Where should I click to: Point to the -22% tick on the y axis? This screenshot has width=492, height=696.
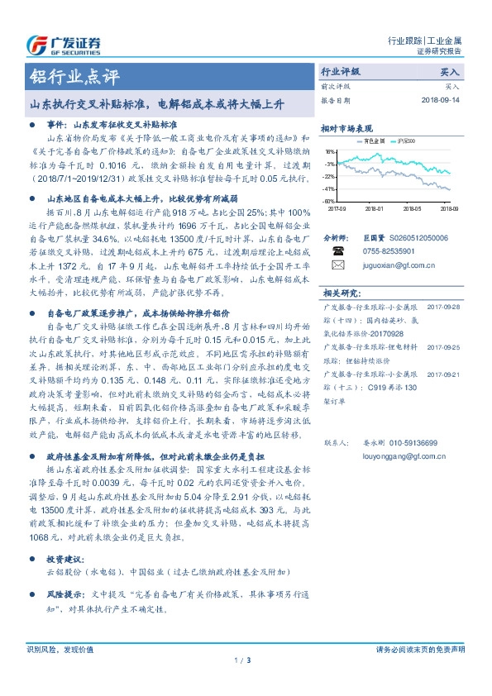[329, 177]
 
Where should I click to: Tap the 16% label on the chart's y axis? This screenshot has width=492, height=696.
[330, 153]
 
